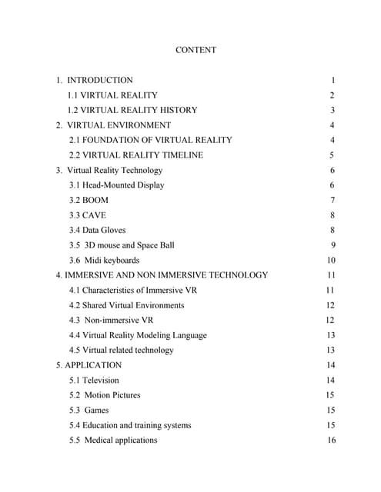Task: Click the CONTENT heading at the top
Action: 196,50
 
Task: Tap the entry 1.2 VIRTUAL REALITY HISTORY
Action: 132,110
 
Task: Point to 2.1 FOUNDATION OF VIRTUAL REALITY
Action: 150,140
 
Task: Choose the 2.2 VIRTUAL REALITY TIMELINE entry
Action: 135,155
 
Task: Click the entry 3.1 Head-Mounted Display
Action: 116,185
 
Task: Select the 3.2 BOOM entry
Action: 89,200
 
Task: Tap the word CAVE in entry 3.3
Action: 94,215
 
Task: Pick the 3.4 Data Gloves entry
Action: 97,230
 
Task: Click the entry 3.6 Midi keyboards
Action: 104,260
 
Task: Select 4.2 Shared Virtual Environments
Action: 126,305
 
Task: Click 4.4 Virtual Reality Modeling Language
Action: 138,335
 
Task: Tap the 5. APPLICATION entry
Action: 89,365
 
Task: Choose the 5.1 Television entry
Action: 94,380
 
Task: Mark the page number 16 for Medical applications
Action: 331,440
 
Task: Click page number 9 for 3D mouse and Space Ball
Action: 333,245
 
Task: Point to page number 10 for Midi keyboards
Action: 331,260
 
